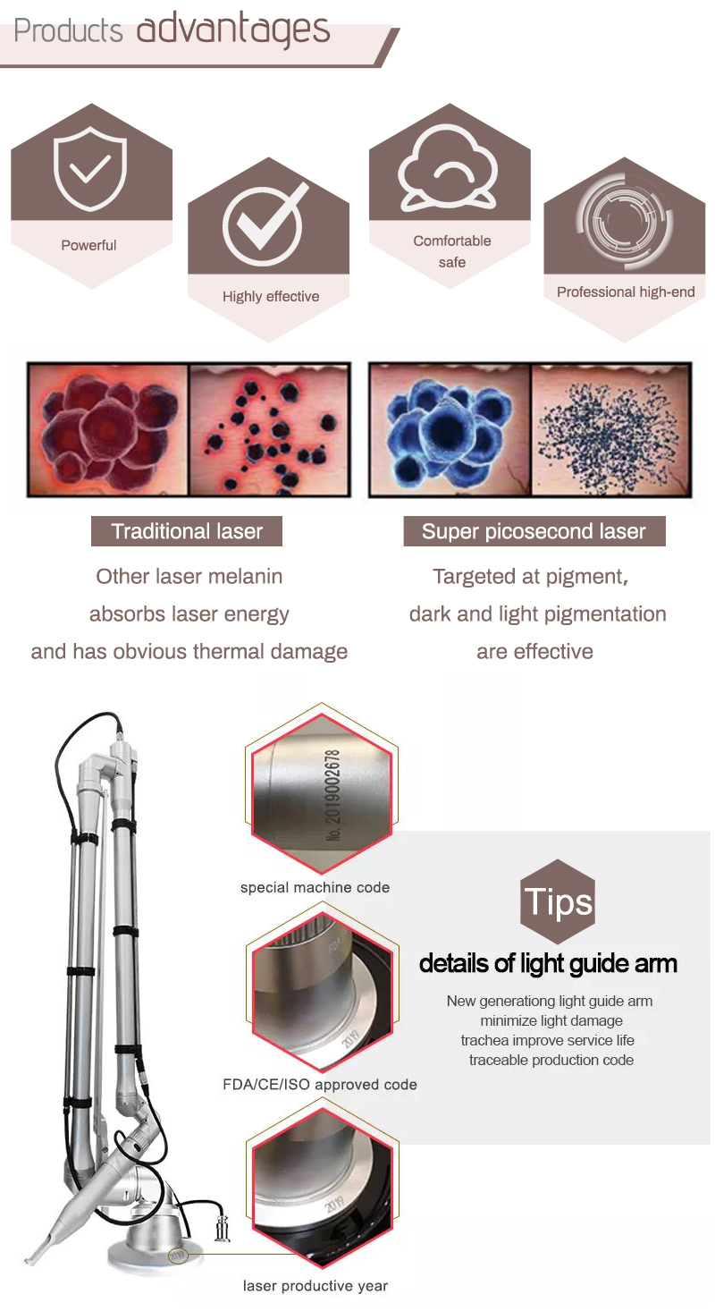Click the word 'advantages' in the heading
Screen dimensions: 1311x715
233,30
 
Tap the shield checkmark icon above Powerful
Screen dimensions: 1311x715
88,169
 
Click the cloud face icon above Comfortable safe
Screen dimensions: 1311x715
449,169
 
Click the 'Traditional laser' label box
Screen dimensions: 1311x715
187,531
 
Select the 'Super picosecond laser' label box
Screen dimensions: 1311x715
534,531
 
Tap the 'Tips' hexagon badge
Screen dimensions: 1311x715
558,901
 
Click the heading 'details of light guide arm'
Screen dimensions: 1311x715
548,963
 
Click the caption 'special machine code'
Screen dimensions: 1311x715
315,888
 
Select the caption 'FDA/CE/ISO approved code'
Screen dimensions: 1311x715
320,1085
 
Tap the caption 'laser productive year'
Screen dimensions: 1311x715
315,1286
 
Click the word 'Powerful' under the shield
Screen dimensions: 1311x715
88,245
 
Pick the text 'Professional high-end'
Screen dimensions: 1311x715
626,292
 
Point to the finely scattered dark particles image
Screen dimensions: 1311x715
611,429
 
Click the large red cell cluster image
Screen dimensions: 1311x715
107,429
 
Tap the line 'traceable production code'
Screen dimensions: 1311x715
551,1061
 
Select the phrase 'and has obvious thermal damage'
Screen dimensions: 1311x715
189,652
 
